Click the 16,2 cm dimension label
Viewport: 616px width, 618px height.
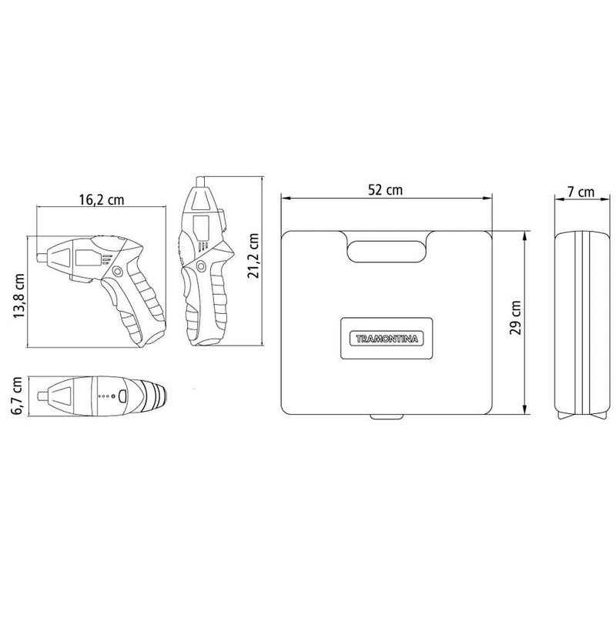coord(102,199)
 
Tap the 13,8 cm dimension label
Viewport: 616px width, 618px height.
coord(18,296)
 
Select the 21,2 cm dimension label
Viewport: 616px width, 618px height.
coord(253,256)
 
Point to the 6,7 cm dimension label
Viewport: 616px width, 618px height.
coord(17,396)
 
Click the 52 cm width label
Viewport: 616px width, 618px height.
coord(385,190)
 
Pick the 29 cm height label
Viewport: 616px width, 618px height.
coord(515,318)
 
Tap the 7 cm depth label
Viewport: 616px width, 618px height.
coord(581,192)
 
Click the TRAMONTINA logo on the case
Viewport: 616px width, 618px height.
coord(387,339)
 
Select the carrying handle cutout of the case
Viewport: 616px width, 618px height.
coord(386,252)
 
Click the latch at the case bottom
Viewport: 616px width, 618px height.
coord(386,416)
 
